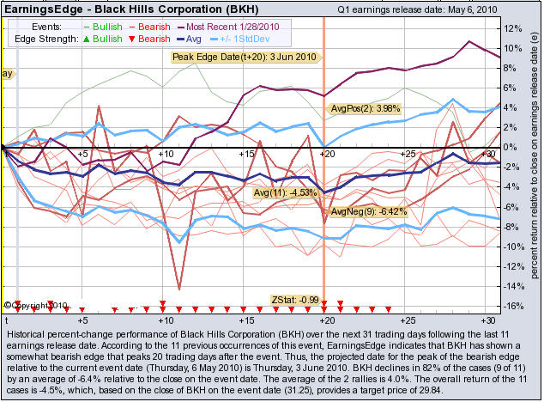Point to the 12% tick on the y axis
(514, 27)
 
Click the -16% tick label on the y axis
(514, 306)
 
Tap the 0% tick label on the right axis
(513, 147)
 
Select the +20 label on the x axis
(324, 320)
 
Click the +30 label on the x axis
(485, 320)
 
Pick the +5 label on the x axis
(82, 320)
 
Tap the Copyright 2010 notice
(36, 305)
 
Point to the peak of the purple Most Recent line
(469, 41)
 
